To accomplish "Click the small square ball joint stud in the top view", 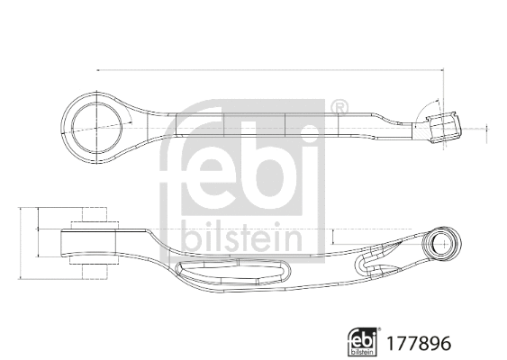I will [x=445, y=127].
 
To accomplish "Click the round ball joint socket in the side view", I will [x=443, y=243].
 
